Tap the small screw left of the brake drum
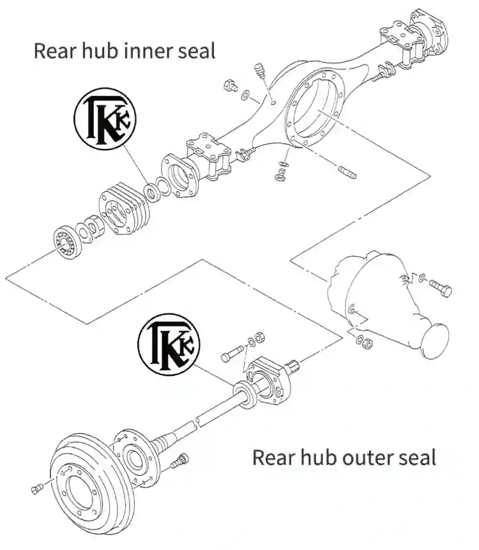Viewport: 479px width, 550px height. tap(36, 489)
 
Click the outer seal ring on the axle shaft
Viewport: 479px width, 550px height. tap(244, 390)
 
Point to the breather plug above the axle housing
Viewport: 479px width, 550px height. tap(259, 70)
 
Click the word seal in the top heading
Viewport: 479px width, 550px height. tap(194, 50)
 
